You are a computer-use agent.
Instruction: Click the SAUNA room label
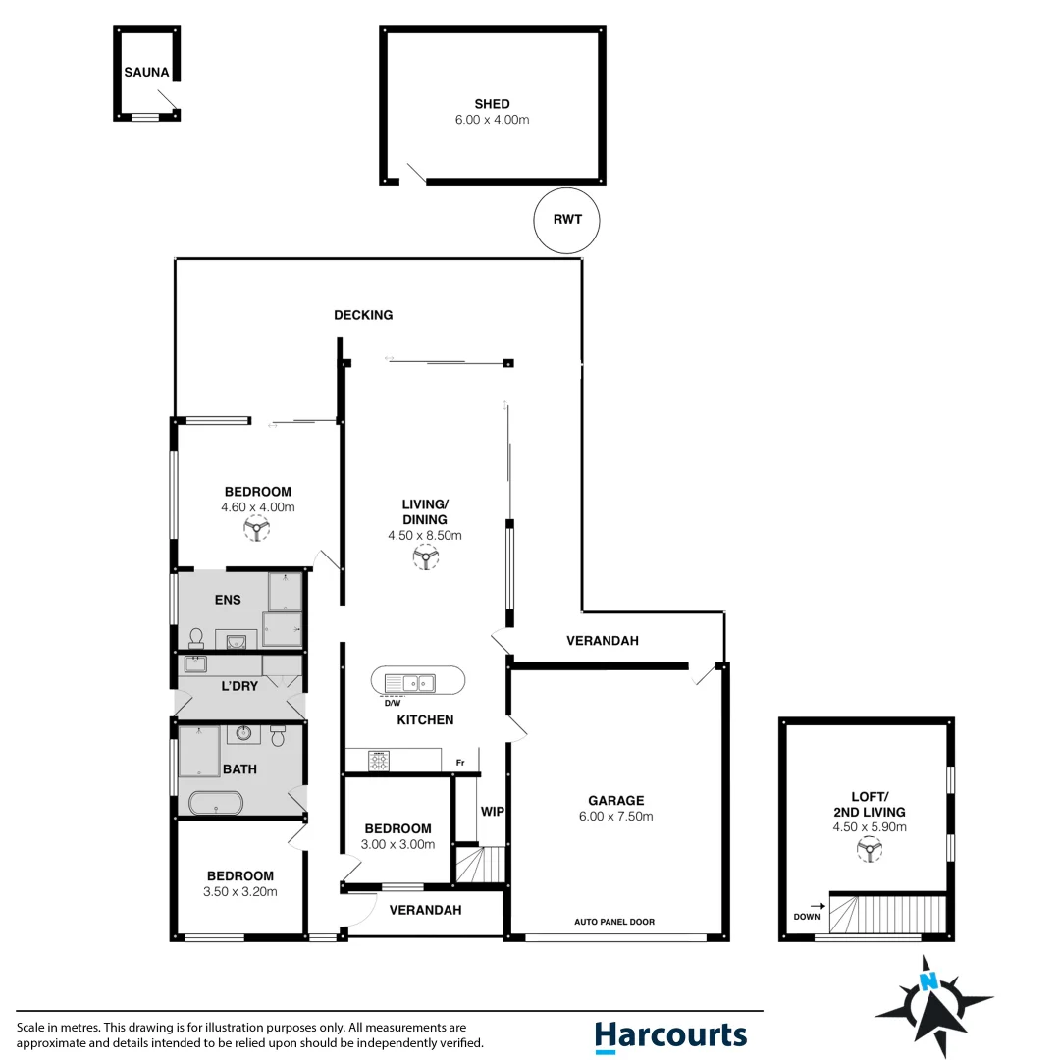146,72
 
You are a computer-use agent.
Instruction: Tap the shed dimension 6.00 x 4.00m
492,119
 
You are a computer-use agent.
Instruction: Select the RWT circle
567,219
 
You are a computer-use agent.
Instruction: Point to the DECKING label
363,315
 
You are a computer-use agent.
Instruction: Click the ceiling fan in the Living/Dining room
425,557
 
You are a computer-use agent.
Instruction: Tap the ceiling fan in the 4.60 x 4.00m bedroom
257,530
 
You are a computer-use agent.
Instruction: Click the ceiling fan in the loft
868,849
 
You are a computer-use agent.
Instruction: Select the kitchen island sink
418,681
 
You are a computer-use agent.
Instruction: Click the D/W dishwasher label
392,703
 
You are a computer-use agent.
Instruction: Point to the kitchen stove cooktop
379,760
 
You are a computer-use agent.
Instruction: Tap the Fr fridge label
459,763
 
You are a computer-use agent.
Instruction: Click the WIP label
492,812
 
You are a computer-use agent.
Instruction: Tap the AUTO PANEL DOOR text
614,922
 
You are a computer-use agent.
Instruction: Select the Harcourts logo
670,1035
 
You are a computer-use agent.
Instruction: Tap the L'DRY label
238,686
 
